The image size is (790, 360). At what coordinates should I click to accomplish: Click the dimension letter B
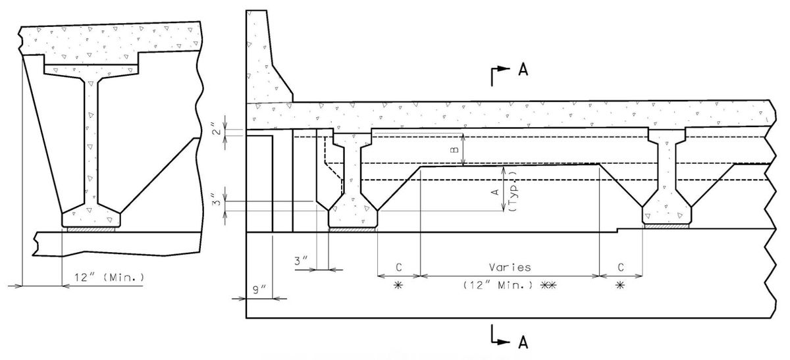(453, 150)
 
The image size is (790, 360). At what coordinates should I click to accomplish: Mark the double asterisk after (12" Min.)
(549, 285)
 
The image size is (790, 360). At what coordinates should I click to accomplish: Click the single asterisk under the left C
(398, 285)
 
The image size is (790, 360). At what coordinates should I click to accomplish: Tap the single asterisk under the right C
(621, 285)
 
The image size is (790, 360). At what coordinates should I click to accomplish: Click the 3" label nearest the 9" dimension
(302, 261)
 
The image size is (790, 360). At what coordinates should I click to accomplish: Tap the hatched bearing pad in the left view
(92, 229)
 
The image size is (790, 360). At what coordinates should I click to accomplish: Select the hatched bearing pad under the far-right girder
(667, 226)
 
